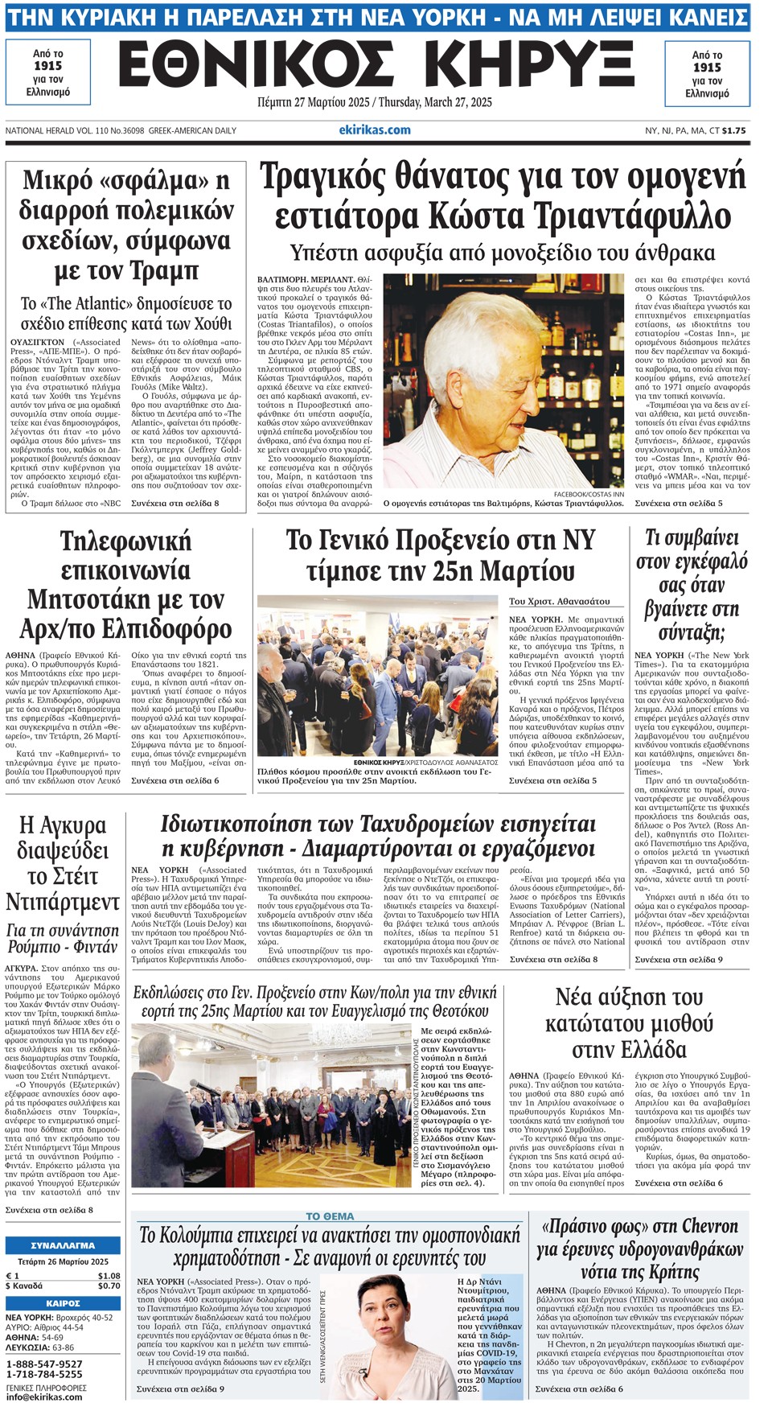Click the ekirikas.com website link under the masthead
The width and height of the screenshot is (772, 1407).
click(x=375, y=130)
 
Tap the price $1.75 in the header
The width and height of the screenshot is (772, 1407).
click(x=733, y=130)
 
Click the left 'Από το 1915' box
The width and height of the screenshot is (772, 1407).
click(x=48, y=73)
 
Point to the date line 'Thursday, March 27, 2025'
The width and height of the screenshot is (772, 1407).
click(x=435, y=103)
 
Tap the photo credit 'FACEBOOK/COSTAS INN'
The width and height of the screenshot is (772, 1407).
click(x=589, y=494)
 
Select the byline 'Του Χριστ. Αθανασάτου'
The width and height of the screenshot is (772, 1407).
click(x=559, y=601)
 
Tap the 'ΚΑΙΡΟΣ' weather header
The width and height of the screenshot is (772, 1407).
click(x=63, y=1303)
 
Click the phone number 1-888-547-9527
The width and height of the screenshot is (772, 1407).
click(x=44, y=1364)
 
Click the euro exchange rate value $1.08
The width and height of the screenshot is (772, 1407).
click(x=109, y=1276)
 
